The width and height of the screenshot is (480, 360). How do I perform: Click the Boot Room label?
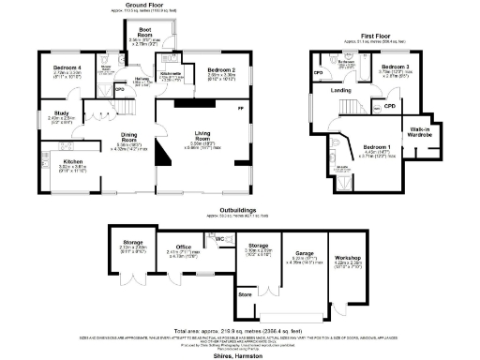click(x=140, y=34)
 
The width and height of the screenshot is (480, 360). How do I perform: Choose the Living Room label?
click(x=204, y=136)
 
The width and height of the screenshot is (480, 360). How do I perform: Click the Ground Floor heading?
click(x=133, y=5)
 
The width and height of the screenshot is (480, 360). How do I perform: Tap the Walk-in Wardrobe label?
click(x=420, y=133)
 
